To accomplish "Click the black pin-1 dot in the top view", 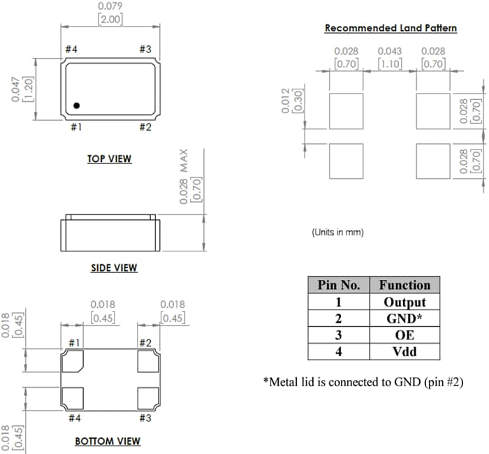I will pos(77,105).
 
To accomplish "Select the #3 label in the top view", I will pos(145,50).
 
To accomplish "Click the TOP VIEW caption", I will pos(109,159).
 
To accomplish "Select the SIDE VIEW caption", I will pos(114,268).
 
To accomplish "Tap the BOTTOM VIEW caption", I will pos(108,441).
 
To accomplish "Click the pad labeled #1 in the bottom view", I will pos(73,361).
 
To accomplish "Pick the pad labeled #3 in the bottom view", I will pos(147,398).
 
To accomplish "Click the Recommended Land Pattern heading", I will pos(391,28).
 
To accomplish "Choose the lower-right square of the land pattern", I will pos(433,161).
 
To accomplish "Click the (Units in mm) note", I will pos(337,232).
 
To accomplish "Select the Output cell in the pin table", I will pos(404,302).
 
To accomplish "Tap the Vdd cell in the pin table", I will pos(404,351).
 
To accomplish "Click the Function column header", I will pos(404,285).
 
